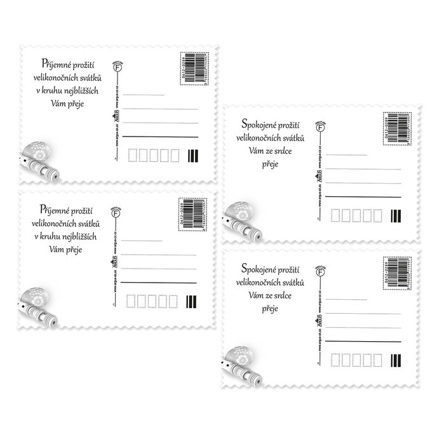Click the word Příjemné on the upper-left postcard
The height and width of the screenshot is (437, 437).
click(53, 62)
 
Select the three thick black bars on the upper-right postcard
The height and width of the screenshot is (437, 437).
click(396, 216)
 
